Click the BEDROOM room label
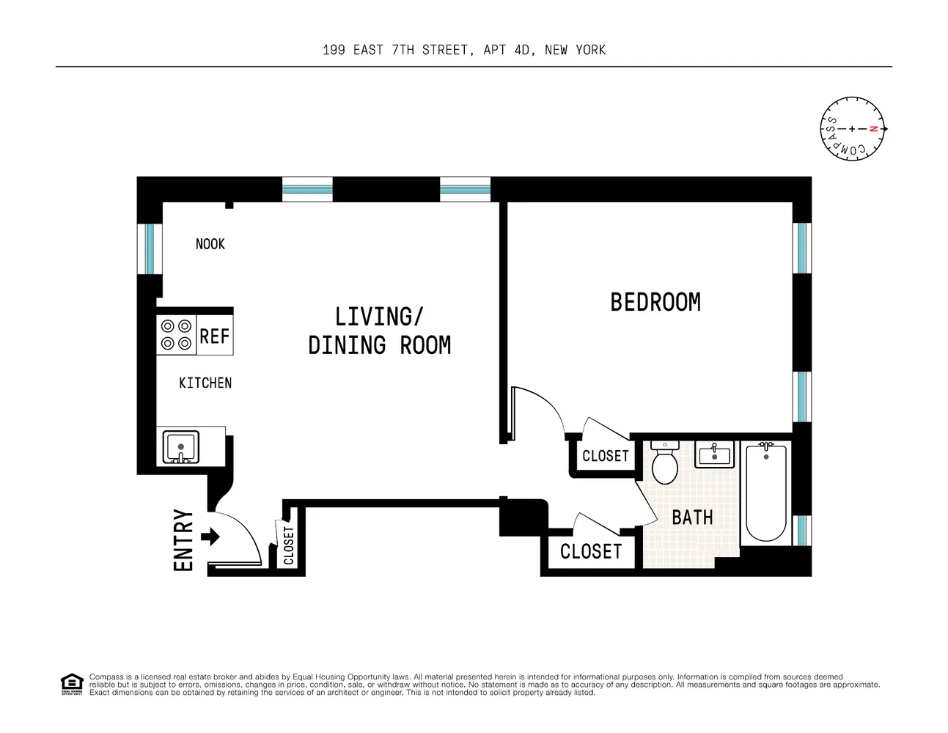655,302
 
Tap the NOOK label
210,244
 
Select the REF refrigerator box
215,335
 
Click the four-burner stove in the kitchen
176,335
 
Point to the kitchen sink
181,447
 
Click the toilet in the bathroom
664,463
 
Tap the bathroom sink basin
714,454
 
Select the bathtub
766,492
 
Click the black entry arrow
210,537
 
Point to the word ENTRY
183,539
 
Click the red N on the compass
873,128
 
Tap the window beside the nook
150,249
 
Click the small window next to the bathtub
802,530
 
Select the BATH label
692,517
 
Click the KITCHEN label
205,383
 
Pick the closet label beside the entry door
289,545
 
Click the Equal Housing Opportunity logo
72,684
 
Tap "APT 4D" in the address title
507,50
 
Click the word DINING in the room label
348,345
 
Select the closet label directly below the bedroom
606,456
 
